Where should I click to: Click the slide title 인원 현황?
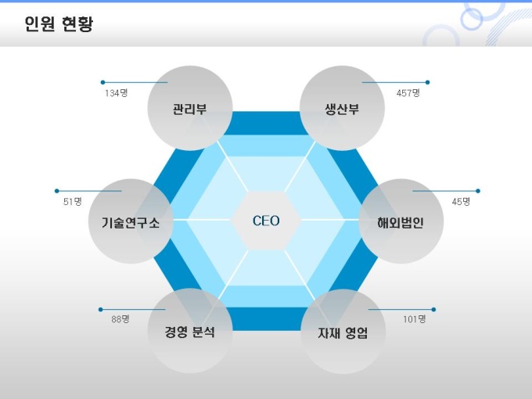coord(59,24)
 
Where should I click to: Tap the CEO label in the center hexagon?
coord(266,221)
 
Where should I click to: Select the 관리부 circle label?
coord(189,109)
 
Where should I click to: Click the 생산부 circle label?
coord(342,109)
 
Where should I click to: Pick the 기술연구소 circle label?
coord(131,222)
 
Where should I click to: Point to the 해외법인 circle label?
coord(401,222)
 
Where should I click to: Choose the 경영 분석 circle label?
coord(189,332)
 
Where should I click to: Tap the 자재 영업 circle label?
coord(343,332)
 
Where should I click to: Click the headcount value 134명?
coord(117,93)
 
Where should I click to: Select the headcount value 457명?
coord(408,93)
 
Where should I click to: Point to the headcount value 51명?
coord(73,202)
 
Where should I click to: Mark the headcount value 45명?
coord(461,202)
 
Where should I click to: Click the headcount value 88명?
coord(120,319)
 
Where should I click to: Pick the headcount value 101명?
coord(415,319)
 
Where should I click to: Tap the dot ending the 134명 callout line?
coord(102,82)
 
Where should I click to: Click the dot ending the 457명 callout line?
coord(427,82)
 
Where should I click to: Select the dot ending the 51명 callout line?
coord(56,191)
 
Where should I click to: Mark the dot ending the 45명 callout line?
coord(478,191)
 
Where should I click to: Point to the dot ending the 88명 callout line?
coord(100,310)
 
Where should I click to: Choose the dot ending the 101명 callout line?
coord(433,310)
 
